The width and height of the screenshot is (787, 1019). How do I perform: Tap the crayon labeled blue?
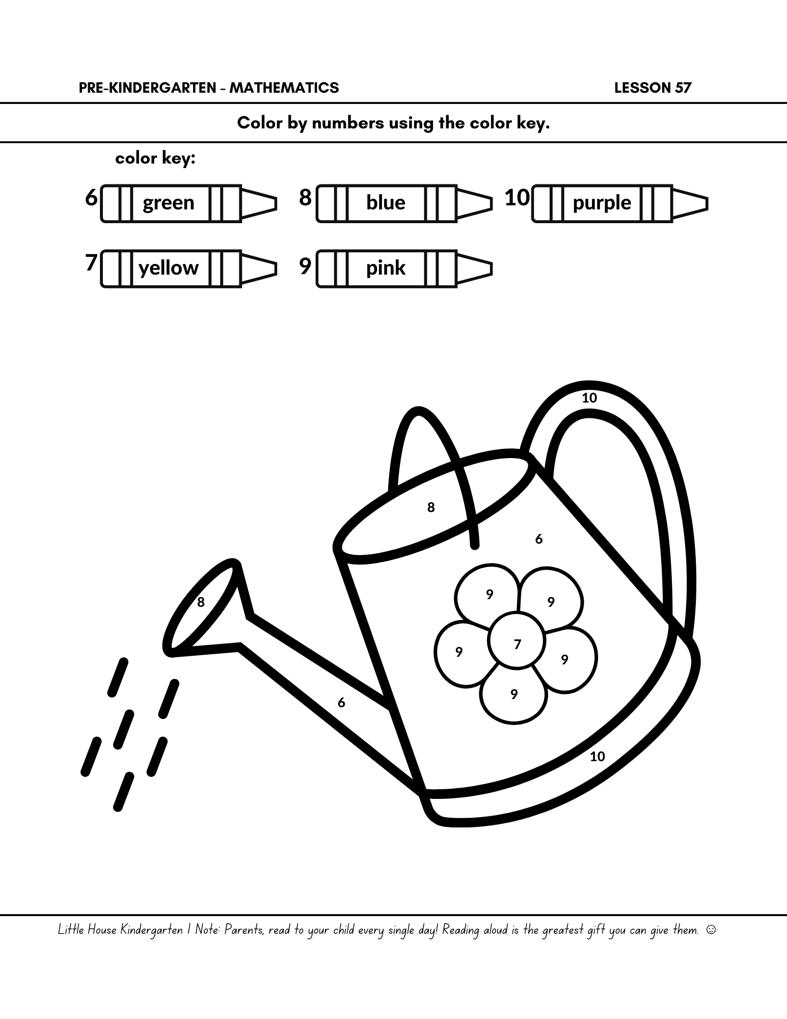404,203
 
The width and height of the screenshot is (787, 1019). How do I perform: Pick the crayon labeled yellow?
188,269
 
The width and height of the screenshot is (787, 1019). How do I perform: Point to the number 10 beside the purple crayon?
517,198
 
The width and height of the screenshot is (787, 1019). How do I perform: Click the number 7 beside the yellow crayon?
91,263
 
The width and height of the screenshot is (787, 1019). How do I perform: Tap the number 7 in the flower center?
518,645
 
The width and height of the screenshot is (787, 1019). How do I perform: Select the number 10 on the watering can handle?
589,398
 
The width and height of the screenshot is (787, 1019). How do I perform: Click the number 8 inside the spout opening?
201,602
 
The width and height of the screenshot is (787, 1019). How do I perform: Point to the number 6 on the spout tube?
341,703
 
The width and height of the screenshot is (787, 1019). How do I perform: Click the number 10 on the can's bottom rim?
597,757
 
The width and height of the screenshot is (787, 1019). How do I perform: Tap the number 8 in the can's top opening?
431,507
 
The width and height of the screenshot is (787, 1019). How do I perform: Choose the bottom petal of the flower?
513,695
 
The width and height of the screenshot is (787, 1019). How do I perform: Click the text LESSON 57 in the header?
653,88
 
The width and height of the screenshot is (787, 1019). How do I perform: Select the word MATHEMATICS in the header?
284,88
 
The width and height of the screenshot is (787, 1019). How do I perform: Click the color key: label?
155,158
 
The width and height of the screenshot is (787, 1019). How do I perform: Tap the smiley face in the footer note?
711,930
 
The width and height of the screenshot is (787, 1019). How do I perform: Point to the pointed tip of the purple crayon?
707,203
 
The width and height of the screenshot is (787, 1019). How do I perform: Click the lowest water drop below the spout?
123,791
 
